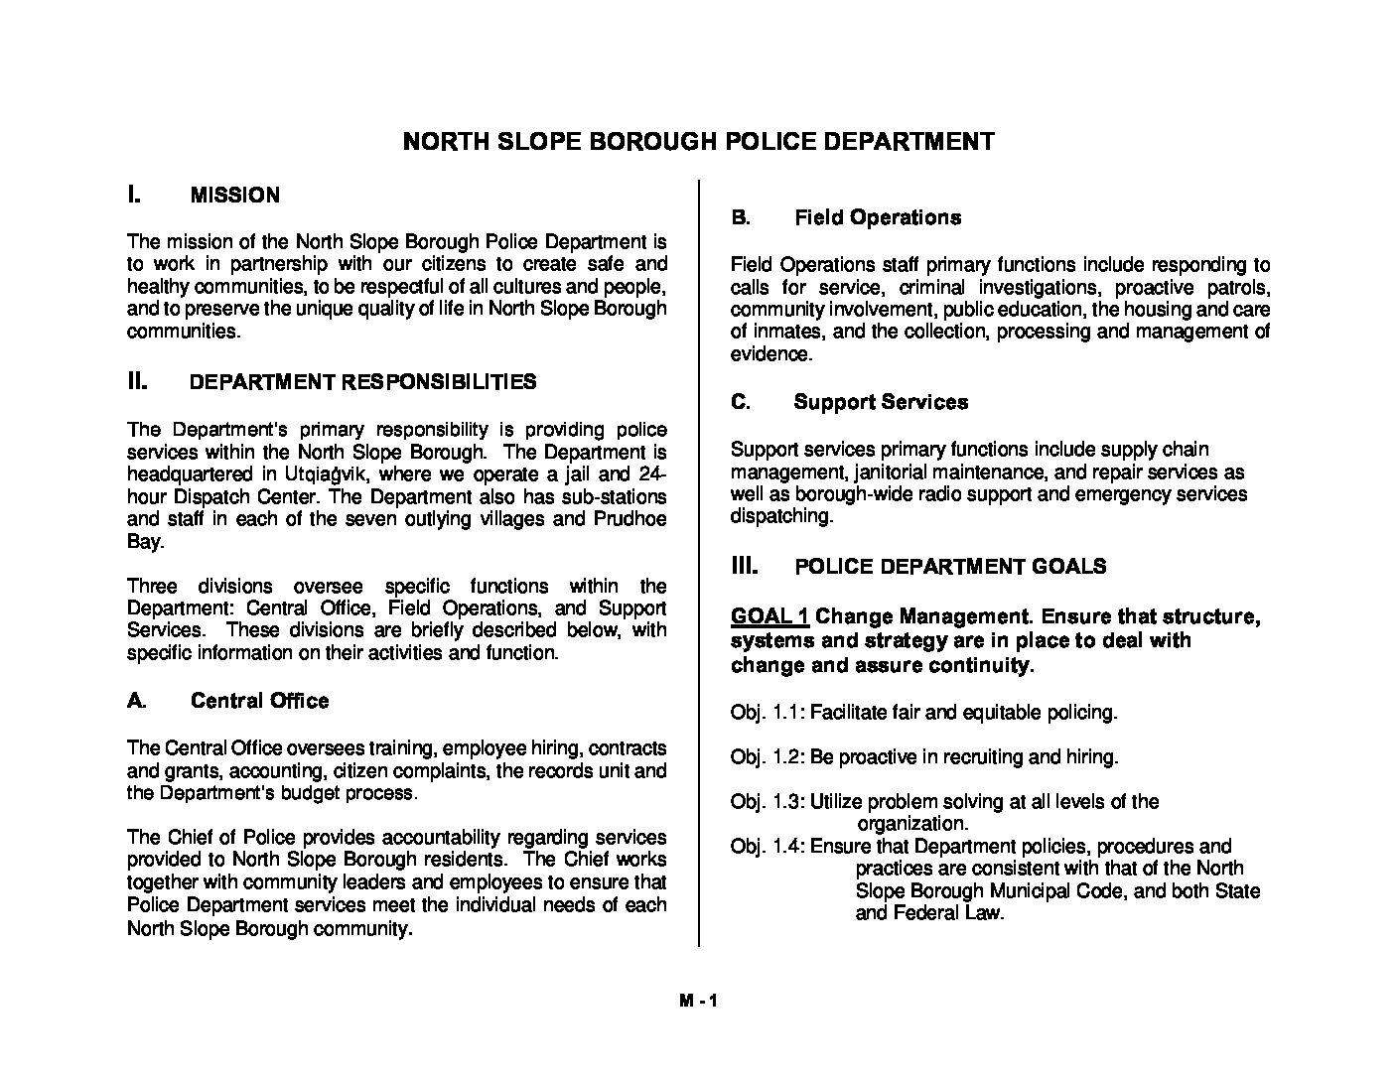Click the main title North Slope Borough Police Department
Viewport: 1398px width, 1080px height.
coord(698,141)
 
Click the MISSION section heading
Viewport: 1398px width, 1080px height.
coord(234,196)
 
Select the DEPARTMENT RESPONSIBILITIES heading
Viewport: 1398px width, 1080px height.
coord(362,382)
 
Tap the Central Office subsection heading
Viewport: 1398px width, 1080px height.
coord(259,701)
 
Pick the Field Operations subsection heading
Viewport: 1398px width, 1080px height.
coord(878,217)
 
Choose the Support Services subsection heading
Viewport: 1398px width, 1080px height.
coord(881,402)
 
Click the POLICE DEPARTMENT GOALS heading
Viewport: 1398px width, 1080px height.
coord(950,567)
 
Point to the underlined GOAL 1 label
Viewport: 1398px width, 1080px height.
coord(769,617)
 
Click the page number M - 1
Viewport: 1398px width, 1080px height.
coord(698,1002)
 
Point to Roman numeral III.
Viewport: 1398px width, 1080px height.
coord(745,566)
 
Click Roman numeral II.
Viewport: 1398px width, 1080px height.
coord(137,381)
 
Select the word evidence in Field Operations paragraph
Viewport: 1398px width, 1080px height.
coord(770,354)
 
